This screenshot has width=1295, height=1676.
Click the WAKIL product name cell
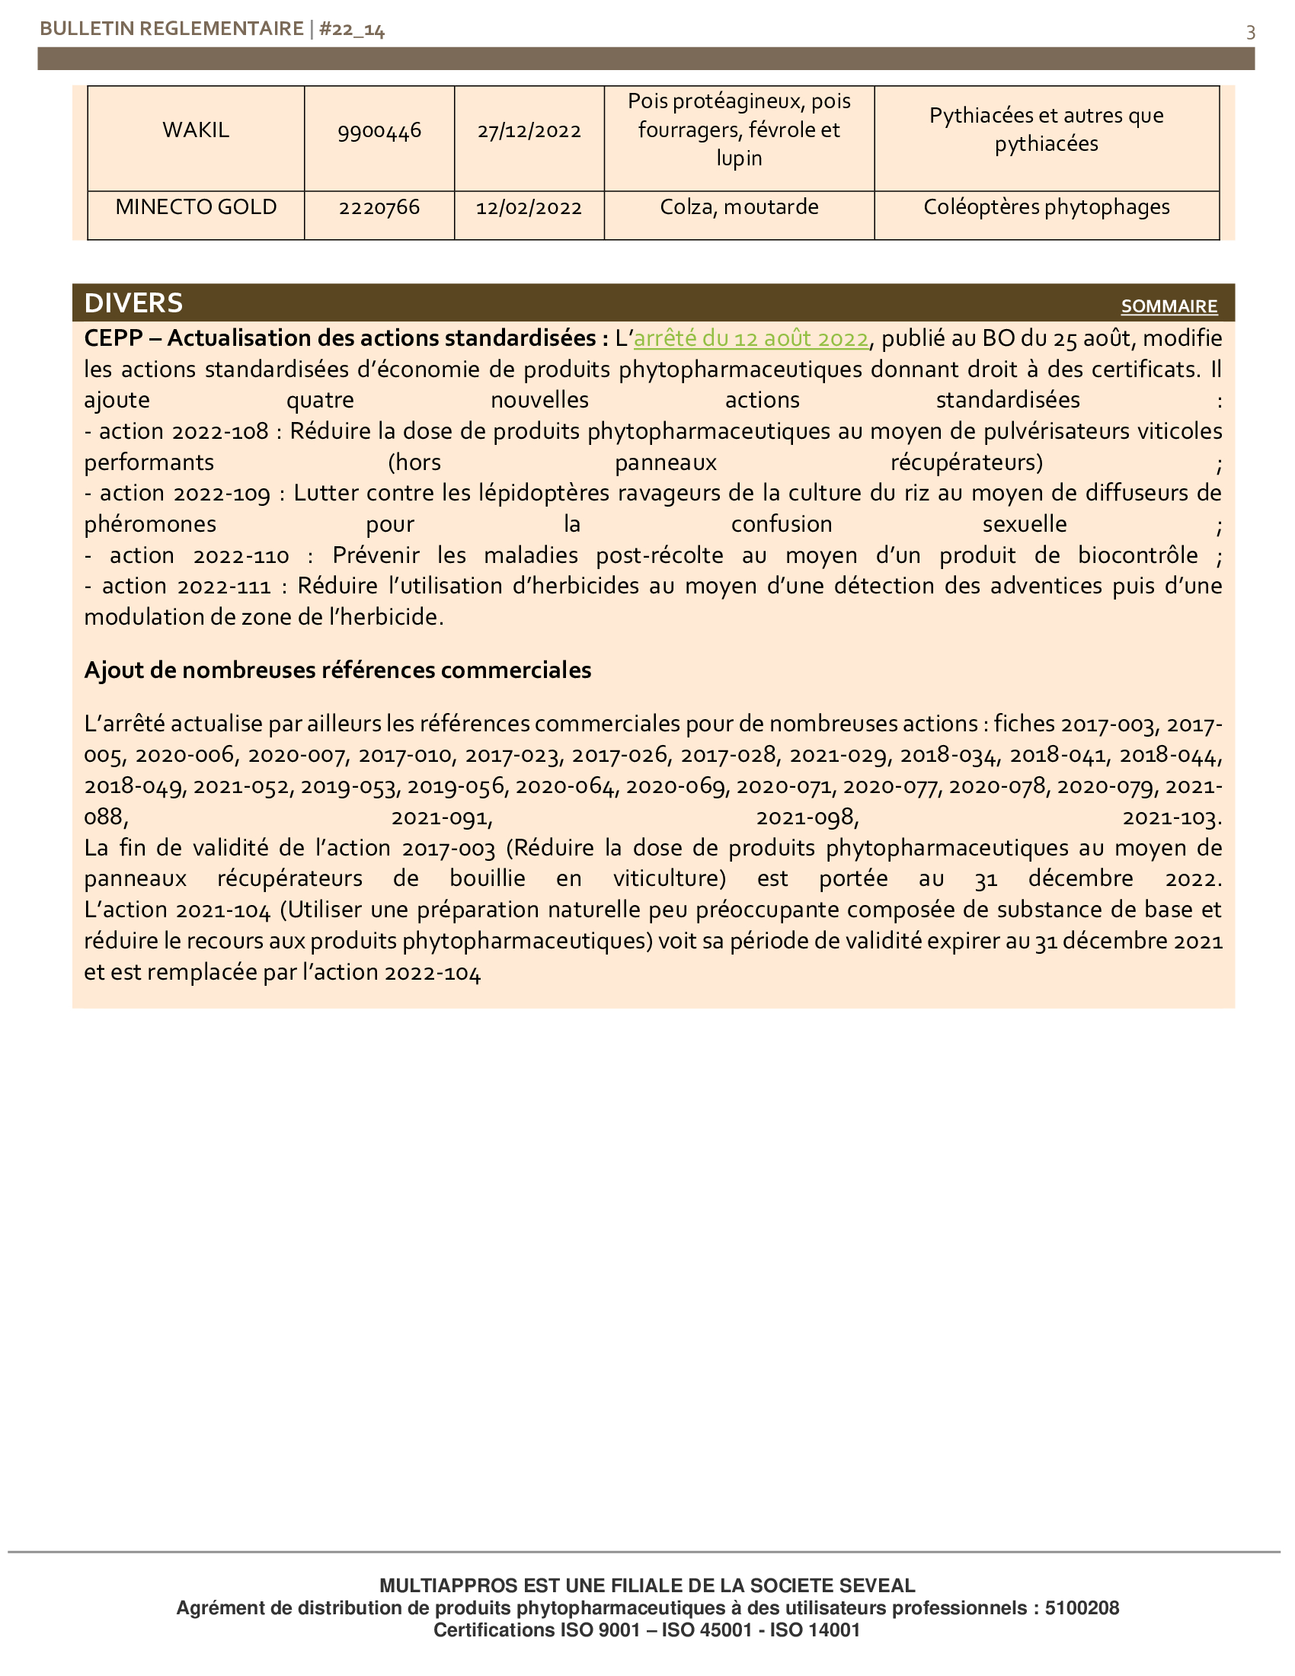click(196, 130)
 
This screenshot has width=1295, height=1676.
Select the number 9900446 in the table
click(379, 130)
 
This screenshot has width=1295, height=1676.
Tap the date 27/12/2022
click(529, 130)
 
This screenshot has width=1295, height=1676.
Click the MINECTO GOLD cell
click(196, 207)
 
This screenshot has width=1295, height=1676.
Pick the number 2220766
click(379, 208)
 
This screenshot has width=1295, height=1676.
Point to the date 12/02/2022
click(529, 208)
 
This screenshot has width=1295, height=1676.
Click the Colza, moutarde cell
click(739, 207)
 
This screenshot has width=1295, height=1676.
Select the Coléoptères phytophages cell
click(1047, 207)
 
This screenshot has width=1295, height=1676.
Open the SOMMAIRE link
click(1169, 306)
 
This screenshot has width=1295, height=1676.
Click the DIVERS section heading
click(133, 303)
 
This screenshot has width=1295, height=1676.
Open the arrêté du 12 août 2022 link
click(751, 338)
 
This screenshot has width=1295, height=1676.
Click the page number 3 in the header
click(1251, 32)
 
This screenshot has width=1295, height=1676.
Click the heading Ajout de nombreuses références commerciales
click(337, 670)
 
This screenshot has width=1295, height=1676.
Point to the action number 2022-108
click(220, 431)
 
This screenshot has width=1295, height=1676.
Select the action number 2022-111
click(224, 587)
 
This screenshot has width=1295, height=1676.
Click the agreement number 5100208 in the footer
click(1082, 1607)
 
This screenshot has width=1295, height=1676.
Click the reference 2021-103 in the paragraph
click(1171, 818)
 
